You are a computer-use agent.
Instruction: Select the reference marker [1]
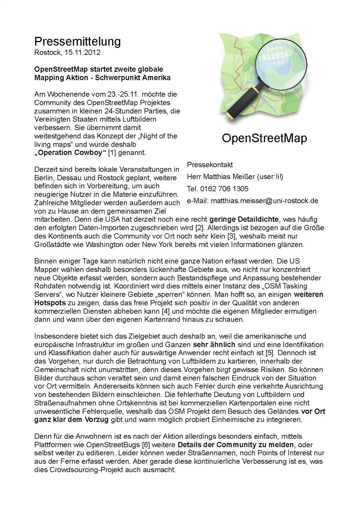click(x=112, y=153)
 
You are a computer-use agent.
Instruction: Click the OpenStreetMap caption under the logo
click(x=264, y=138)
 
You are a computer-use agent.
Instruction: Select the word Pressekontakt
click(x=210, y=165)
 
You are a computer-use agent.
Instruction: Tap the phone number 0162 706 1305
click(x=224, y=189)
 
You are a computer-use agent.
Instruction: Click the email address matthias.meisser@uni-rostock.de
click(x=264, y=201)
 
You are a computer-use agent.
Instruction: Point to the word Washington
click(x=104, y=244)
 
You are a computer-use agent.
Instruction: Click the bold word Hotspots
click(x=50, y=303)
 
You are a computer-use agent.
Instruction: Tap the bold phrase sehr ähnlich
click(x=214, y=345)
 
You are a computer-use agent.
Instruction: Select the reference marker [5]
click(x=269, y=353)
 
